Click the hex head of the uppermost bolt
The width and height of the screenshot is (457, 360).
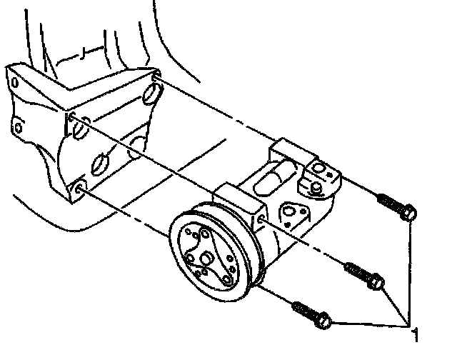click(409, 212)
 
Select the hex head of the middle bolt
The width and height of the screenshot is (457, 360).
click(379, 284)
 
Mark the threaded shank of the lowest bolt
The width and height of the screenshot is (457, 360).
click(305, 311)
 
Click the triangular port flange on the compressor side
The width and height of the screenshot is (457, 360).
click(293, 215)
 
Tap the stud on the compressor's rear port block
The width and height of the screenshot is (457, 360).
click(315, 188)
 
